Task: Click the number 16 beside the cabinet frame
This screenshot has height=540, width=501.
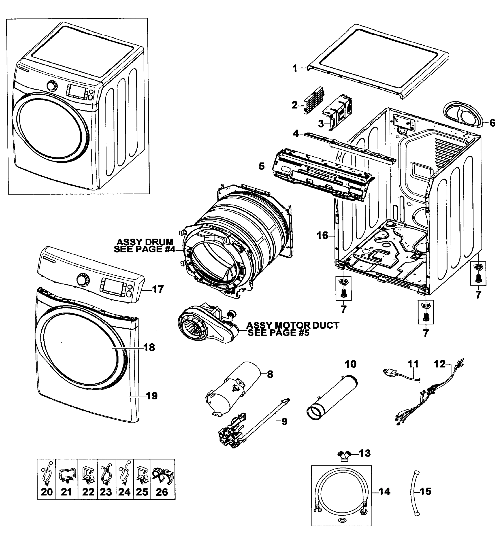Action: tap(323, 236)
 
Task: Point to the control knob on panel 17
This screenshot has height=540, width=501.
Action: tap(81, 280)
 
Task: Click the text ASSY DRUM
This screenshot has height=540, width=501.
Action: tap(145, 242)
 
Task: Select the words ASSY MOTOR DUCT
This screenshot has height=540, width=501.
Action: tap(293, 325)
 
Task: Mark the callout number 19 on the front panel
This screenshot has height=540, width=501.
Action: tap(152, 396)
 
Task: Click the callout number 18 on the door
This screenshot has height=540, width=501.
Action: tap(149, 347)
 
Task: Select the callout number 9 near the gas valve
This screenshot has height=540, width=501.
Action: tap(284, 421)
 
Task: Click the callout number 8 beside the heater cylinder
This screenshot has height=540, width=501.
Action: tap(270, 375)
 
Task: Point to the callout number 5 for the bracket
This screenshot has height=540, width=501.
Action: tap(261, 166)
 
